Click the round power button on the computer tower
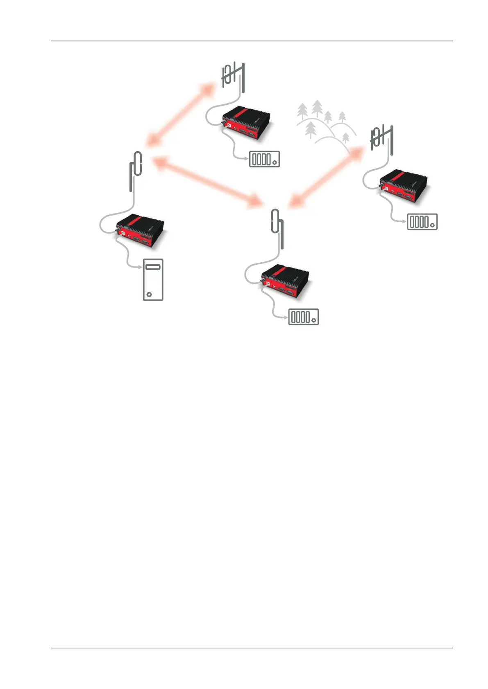pyautogui.click(x=149, y=294)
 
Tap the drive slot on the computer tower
pyautogui.click(x=153, y=268)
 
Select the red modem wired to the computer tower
pyautogui.click(x=141, y=232)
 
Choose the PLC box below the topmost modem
pyautogui.click(x=264, y=159)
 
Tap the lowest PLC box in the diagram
pyautogui.click(x=304, y=317)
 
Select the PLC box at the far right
pyautogui.click(x=422, y=222)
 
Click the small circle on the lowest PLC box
pyautogui.click(x=313, y=320)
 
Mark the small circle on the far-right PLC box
pyautogui.click(x=432, y=225)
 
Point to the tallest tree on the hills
pyautogui.click(x=317, y=108)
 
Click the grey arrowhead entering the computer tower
pyautogui.click(x=139, y=267)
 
